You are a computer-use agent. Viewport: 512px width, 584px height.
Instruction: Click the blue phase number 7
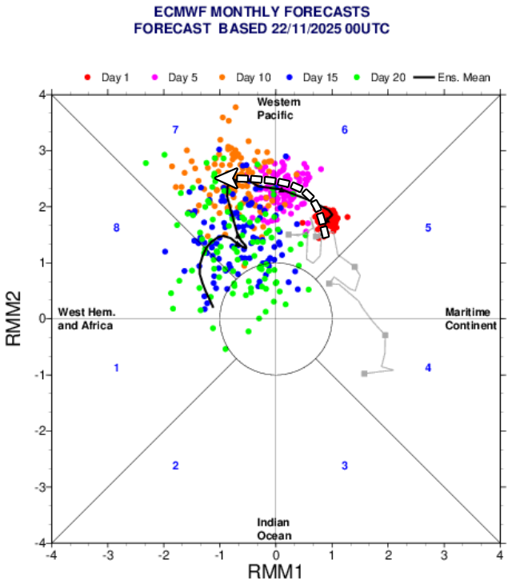point(174,130)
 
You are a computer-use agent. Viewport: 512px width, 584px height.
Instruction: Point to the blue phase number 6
point(345,130)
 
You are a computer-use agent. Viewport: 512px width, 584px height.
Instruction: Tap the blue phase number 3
point(345,466)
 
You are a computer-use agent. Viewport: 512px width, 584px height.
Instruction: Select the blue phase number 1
point(117,368)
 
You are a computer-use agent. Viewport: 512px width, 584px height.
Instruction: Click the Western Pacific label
point(276,109)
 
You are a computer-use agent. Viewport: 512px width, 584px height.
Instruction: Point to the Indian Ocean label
point(274,529)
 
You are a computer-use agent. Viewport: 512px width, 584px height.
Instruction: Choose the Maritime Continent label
point(470,319)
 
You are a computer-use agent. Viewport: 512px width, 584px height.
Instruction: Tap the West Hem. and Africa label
point(85,319)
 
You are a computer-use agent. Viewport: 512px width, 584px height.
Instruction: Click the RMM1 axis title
point(275,571)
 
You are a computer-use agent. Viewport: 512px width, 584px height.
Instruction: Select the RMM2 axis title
point(14,318)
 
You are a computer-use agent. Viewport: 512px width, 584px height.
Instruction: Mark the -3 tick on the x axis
point(107,554)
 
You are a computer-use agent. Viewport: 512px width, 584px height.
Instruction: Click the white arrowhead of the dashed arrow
point(224,178)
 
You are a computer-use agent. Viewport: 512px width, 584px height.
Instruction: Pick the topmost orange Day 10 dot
point(236,107)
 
